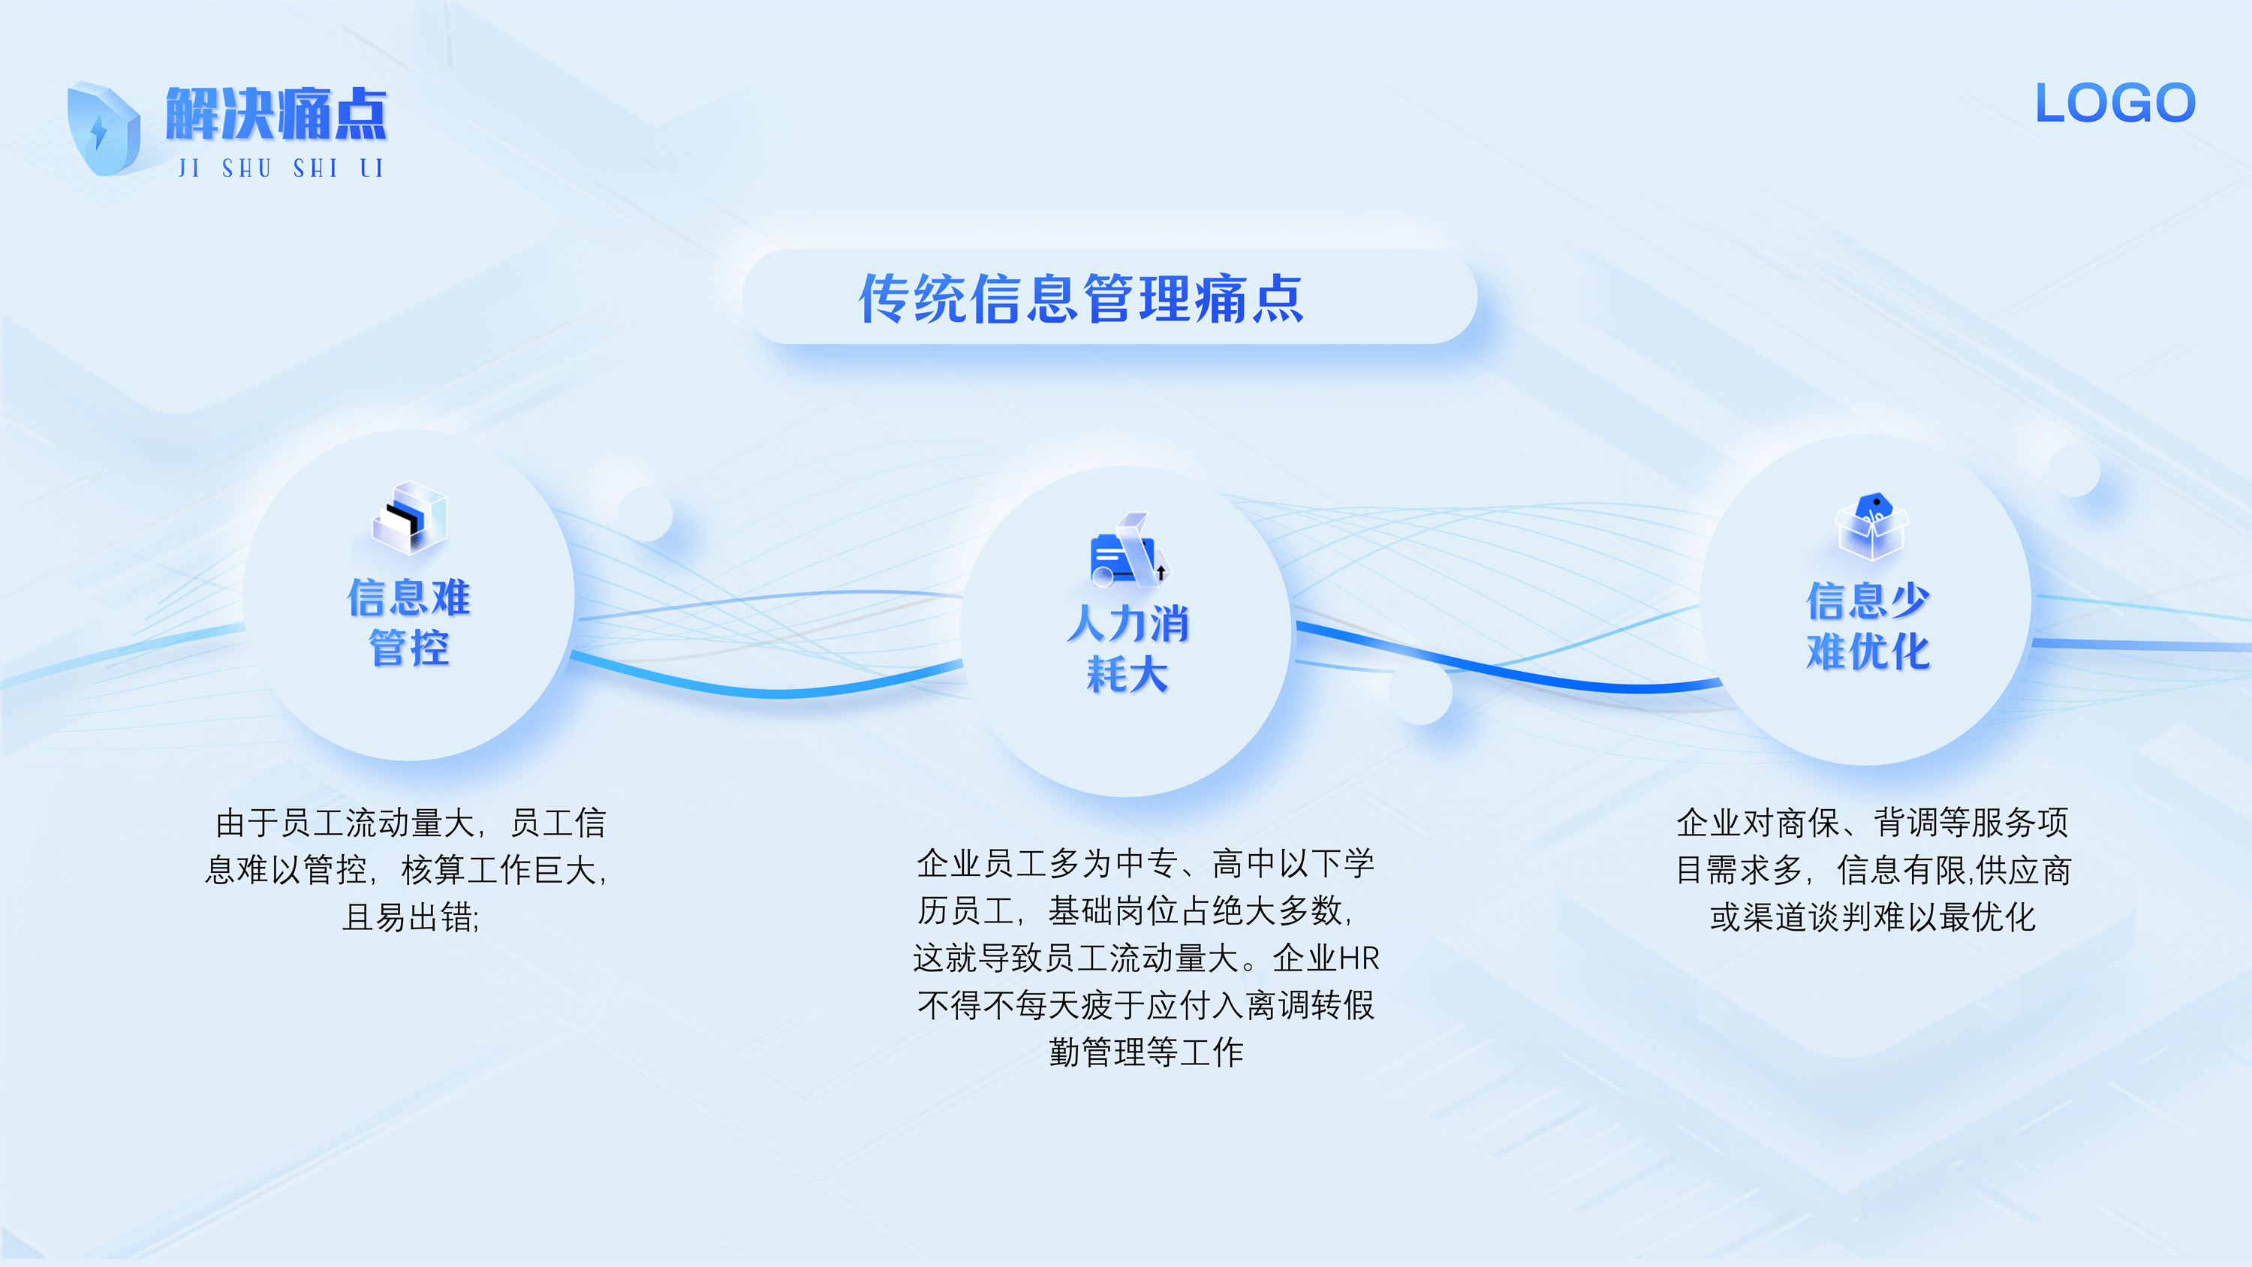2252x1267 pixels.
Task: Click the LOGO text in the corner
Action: pos(2115,103)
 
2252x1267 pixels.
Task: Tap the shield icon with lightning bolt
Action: pos(103,128)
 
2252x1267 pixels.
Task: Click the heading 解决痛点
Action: pos(276,113)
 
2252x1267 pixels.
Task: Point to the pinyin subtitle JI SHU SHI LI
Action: pos(281,168)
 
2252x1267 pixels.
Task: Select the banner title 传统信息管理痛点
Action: pos(1082,298)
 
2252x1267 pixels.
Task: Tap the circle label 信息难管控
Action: pos(409,622)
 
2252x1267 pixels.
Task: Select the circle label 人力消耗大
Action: pos(1128,649)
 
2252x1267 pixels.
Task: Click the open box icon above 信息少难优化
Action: pos(1871,526)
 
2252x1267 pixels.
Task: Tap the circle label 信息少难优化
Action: pos(1868,625)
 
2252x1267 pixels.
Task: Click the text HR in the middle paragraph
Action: pos(1359,959)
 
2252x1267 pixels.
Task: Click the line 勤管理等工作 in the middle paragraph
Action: pos(1146,1052)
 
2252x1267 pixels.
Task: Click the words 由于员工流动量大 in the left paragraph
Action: pos(345,823)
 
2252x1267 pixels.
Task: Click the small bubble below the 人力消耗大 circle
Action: pos(1420,693)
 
